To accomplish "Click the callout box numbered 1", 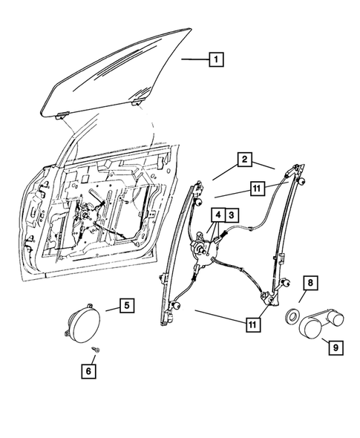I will click(215, 58).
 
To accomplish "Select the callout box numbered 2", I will click(243, 160).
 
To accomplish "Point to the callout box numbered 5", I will click(126, 304).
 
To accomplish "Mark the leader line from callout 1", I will click(193, 58).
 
